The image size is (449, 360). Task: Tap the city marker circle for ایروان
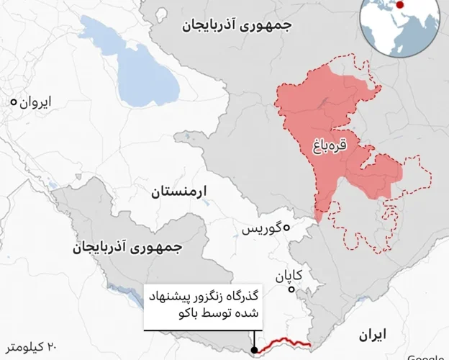tap(13, 103)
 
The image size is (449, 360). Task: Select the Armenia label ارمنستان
tap(179, 192)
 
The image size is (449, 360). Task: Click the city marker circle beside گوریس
tap(286, 228)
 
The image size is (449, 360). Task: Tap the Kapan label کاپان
tap(288, 276)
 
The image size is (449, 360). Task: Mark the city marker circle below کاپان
tap(291, 290)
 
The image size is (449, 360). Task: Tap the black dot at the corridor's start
tap(255, 351)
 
